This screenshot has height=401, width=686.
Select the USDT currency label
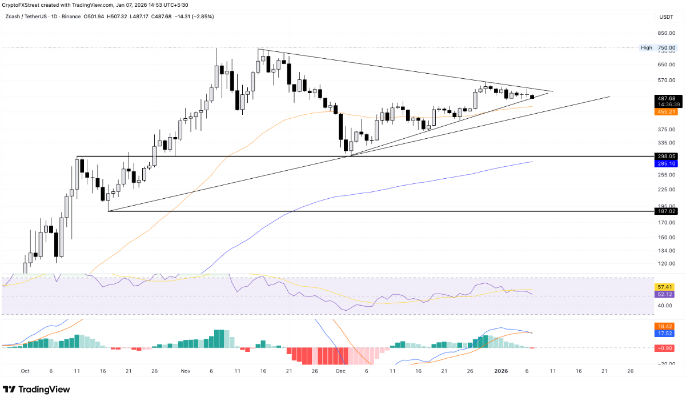(x=666, y=17)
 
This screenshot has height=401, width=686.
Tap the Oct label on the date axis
(x=25, y=371)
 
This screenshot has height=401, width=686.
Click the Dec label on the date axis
(x=341, y=371)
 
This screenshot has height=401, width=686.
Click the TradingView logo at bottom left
(x=37, y=390)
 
